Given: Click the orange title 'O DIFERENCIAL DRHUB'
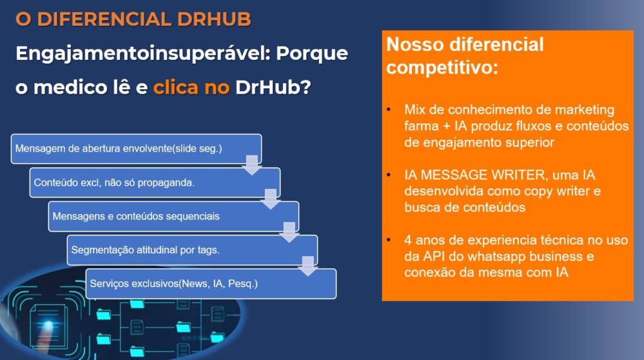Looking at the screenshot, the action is [133, 19].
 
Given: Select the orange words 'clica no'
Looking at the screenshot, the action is [191, 87].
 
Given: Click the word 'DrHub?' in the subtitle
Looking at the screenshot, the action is [273, 87].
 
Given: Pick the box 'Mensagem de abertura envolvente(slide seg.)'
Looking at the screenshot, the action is [136, 149].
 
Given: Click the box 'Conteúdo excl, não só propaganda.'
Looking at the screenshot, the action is [155, 183].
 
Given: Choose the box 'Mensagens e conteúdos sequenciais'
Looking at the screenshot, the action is [174, 216].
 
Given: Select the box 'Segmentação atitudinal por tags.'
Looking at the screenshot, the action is [192, 250].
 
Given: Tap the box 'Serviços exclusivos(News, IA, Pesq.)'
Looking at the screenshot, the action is [211, 284].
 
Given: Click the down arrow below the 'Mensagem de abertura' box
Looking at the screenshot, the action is [252, 165].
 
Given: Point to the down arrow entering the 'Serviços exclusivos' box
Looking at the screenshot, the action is [308, 266].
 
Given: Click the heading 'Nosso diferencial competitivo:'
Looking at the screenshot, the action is [465, 55].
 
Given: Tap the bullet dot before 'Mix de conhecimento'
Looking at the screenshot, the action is [389, 110].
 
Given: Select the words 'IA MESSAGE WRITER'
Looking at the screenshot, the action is [475, 175].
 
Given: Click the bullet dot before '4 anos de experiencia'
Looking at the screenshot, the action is [389, 240].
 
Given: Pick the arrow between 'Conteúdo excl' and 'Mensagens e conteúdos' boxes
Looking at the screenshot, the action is [270, 199].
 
